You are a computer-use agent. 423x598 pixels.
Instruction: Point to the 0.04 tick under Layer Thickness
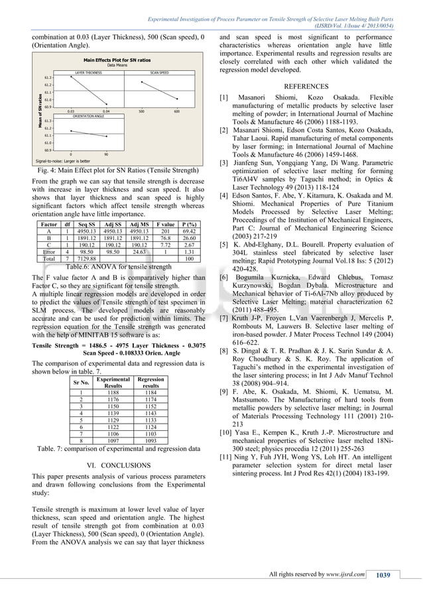point(106,111)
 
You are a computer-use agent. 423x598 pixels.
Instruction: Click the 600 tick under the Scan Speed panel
point(177,111)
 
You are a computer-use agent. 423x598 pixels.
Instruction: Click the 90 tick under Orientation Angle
point(106,154)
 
